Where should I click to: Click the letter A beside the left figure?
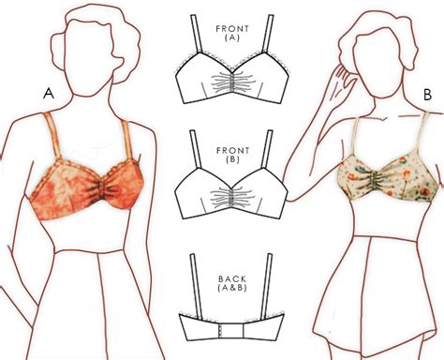pos(47,93)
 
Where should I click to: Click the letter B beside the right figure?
pos(426,94)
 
